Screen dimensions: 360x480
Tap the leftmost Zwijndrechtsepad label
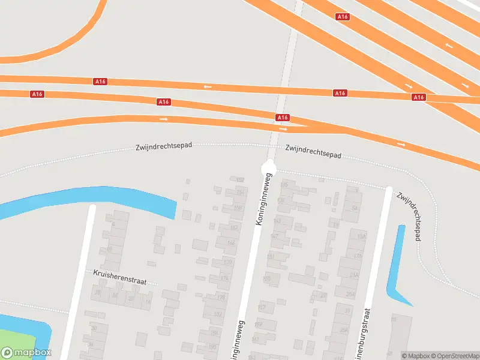point(163,146)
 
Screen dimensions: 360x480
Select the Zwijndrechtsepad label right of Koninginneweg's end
point(313,151)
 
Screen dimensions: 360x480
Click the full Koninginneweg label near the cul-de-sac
point(264,199)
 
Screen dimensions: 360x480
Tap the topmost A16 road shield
point(343,17)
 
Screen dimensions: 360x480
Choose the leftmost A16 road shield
point(37,94)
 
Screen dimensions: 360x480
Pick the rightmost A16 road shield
point(419,97)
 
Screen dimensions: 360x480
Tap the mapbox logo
point(26,353)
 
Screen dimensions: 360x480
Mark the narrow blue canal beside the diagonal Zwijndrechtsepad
point(397,258)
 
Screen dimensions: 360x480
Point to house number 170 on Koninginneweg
point(227,263)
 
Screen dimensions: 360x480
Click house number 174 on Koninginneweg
point(224,278)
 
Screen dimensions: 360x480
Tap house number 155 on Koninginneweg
point(267,278)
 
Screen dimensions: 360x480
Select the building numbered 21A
point(353,275)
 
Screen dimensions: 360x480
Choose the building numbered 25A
point(344,330)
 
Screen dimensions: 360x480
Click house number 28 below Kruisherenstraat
point(97,292)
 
